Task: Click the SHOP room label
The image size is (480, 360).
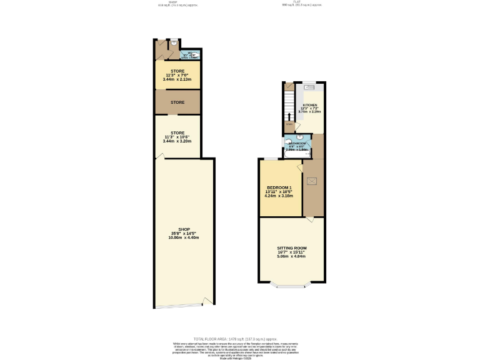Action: coord(183,229)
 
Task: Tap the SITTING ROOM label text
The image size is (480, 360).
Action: coord(292,248)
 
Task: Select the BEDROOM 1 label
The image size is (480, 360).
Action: coord(279,187)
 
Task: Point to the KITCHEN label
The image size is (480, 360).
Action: coord(310,105)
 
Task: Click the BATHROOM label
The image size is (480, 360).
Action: coord(297,144)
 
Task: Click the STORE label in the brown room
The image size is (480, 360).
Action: coord(178,102)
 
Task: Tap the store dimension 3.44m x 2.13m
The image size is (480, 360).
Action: coord(178,79)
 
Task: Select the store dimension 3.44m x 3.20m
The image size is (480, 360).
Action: coord(178,141)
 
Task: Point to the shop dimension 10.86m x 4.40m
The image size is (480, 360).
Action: coord(183,237)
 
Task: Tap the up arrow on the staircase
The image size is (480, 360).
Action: coord(289,117)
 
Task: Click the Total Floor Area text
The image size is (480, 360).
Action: coord(240,337)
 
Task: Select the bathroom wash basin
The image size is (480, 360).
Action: coord(300,136)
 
